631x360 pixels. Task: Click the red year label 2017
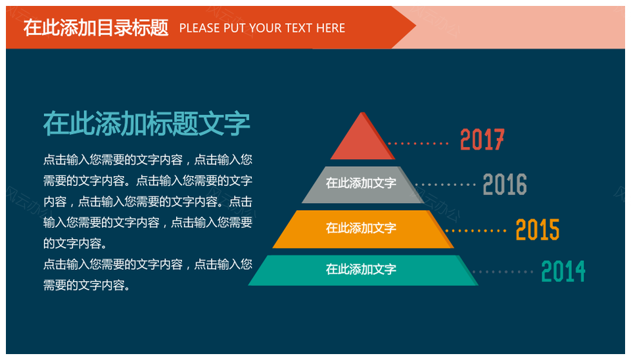[x=482, y=139]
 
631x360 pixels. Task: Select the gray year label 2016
[x=505, y=184]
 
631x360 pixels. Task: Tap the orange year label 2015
[x=538, y=230]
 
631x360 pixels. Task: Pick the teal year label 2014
[x=563, y=271]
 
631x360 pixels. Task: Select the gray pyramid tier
[x=363, y=185]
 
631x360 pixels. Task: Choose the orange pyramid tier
[x=363, y=229]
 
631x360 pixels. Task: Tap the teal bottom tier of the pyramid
[x=363, y=270]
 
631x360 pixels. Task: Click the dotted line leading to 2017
[x=418, y=143]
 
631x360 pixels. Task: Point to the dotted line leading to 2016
[x=446, y=185]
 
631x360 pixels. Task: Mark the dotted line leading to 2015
[x=476, y=231]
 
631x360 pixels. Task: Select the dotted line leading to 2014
[x=503, y=272]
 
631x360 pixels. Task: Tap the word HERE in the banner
[x=331, y=28]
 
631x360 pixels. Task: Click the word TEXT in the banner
[x=299, y=28]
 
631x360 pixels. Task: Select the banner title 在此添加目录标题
[x=96, y=28]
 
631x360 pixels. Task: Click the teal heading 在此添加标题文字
[x=147, y=124]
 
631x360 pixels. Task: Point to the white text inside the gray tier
[x=361, y=183]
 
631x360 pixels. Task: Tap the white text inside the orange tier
[x=361, y=228]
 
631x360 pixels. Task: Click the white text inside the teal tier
[x=361, y=269]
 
